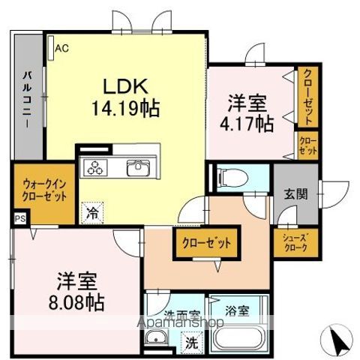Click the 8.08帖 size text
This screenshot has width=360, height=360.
(x=74, y=304)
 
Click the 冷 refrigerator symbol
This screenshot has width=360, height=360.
(x=92, y=211)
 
